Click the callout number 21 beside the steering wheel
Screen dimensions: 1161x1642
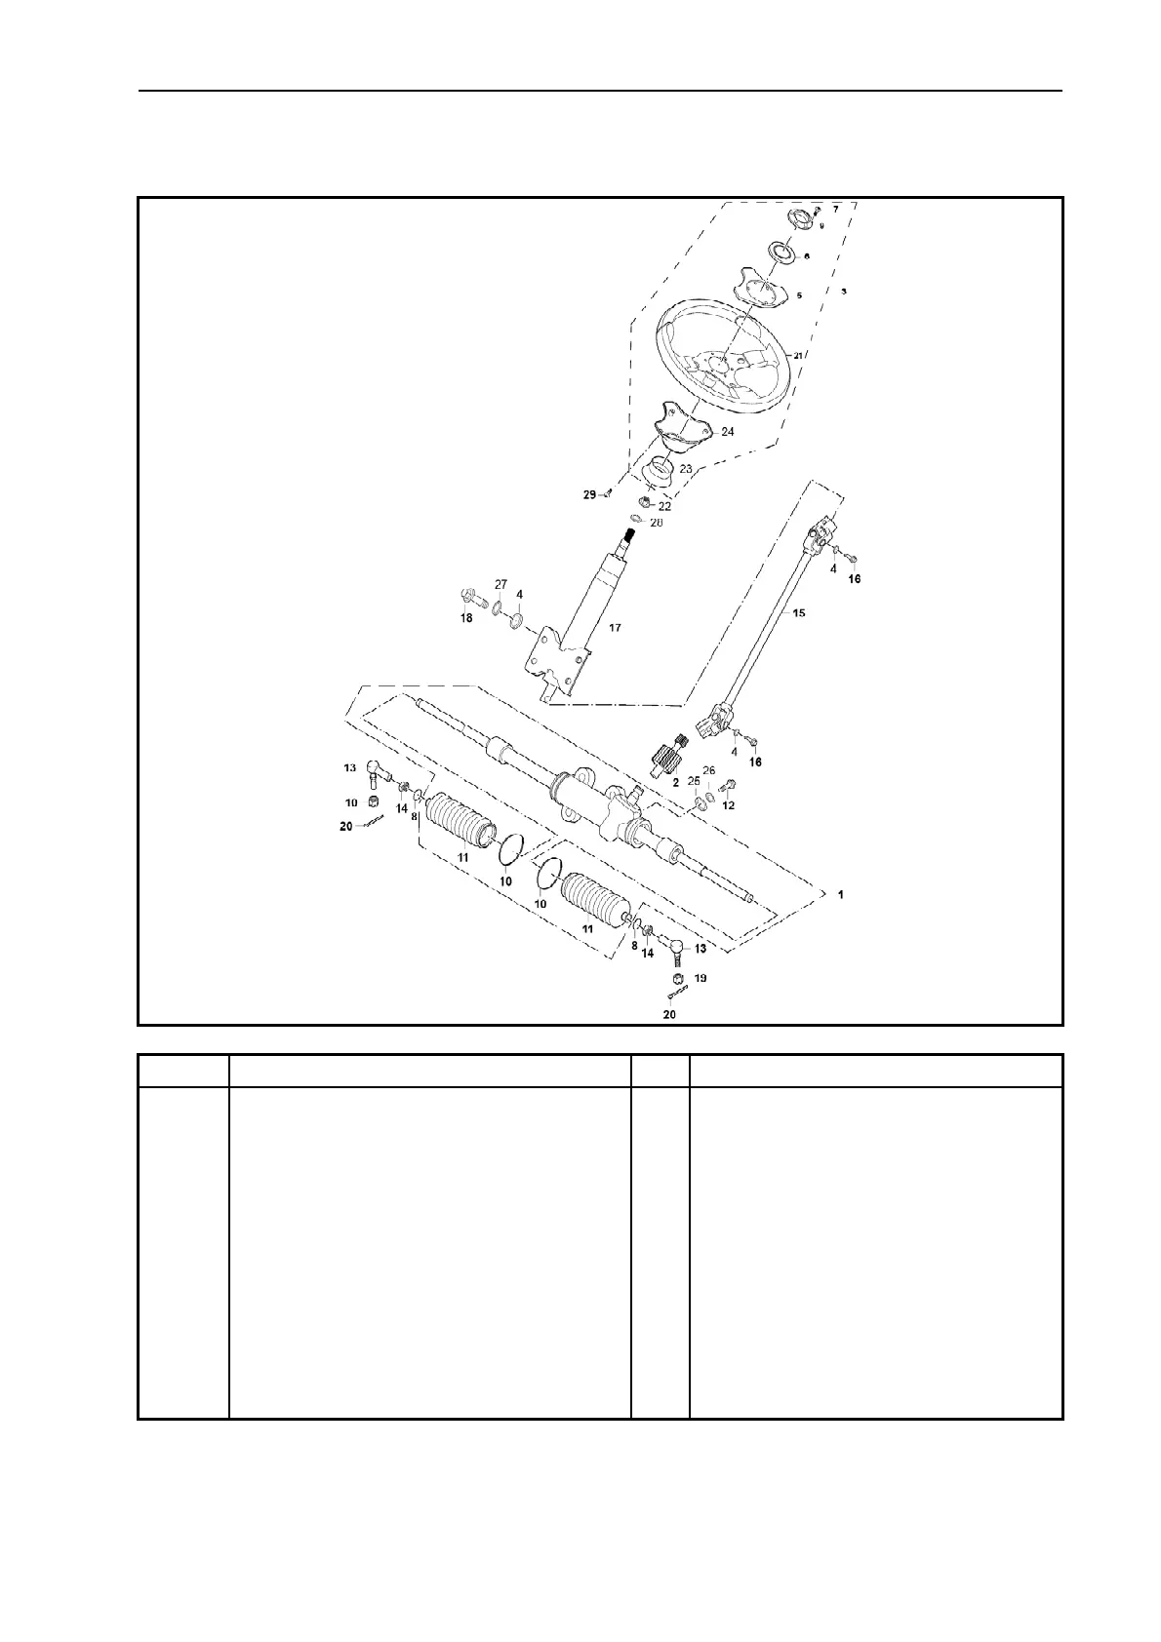coord(797,357)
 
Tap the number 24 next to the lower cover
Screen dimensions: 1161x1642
coord(728,431)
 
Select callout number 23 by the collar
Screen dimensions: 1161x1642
coord(686,469)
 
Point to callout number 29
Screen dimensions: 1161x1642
coord(589,495)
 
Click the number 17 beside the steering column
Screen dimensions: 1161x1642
coord(615,628)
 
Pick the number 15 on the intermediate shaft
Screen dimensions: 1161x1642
coord(798,613)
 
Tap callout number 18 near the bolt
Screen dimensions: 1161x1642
coord(466,618)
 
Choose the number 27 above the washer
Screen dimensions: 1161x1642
coord(500,584)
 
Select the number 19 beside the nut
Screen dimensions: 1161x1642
coord(701,977)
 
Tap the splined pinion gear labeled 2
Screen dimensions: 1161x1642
coord(667,757)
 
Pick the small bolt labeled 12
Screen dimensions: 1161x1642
coord(731,785)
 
